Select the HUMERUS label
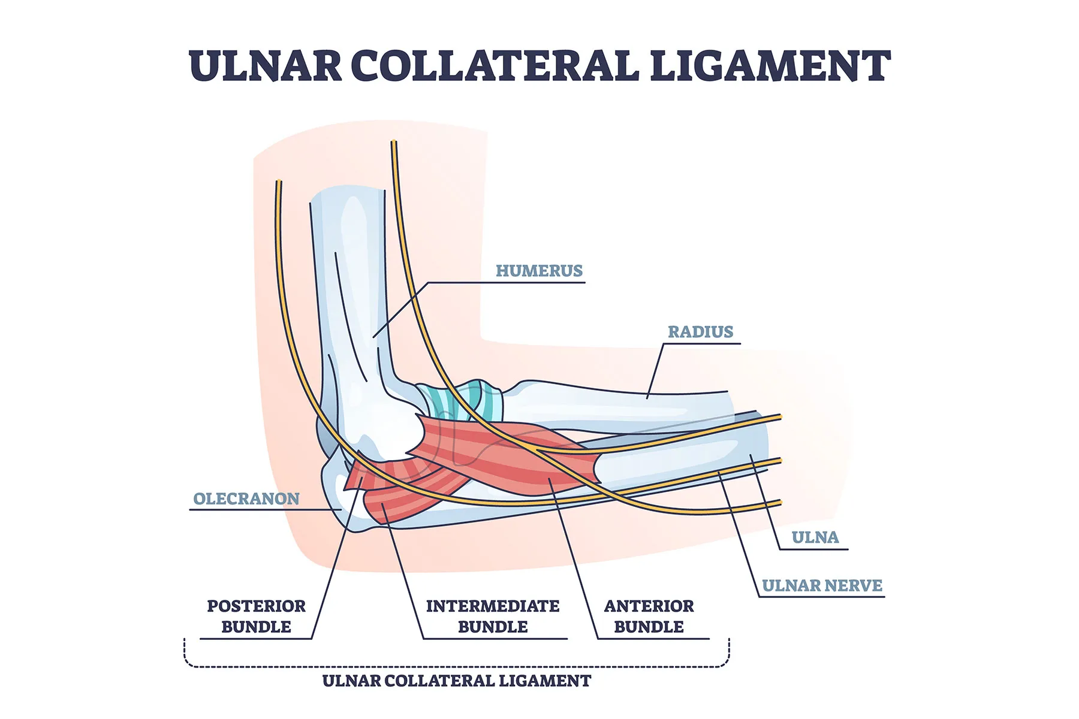[x=539, y=271]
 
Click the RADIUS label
[x=700, y=332]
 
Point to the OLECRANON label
[x=246, y=499]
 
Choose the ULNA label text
[x=815, y=537]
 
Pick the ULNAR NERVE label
[x=822, y=585]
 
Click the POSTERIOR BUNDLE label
[x=256, y=616]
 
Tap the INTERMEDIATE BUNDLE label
[x=493, y=616]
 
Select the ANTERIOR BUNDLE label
[x=649, y=616]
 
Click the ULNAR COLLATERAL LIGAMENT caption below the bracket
[x=456, y=681]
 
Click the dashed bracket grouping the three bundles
[x=456, y=666]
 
